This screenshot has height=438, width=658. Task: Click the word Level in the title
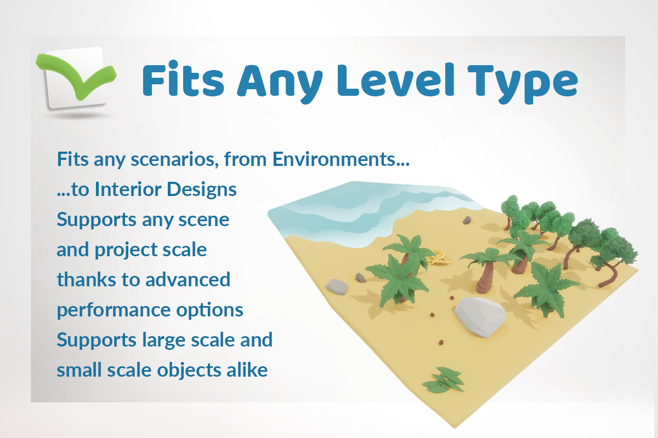[396, 80]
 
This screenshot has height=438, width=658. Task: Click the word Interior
[128, 189]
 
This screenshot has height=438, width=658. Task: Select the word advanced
[188, 279]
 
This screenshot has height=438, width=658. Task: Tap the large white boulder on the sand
[480, 317]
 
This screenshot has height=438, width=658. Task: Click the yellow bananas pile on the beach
[439, 257]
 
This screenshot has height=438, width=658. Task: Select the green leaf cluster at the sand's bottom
[444, 379]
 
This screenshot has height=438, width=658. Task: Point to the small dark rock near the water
[467, 220]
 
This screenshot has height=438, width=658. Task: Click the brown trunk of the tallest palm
[484, 278]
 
